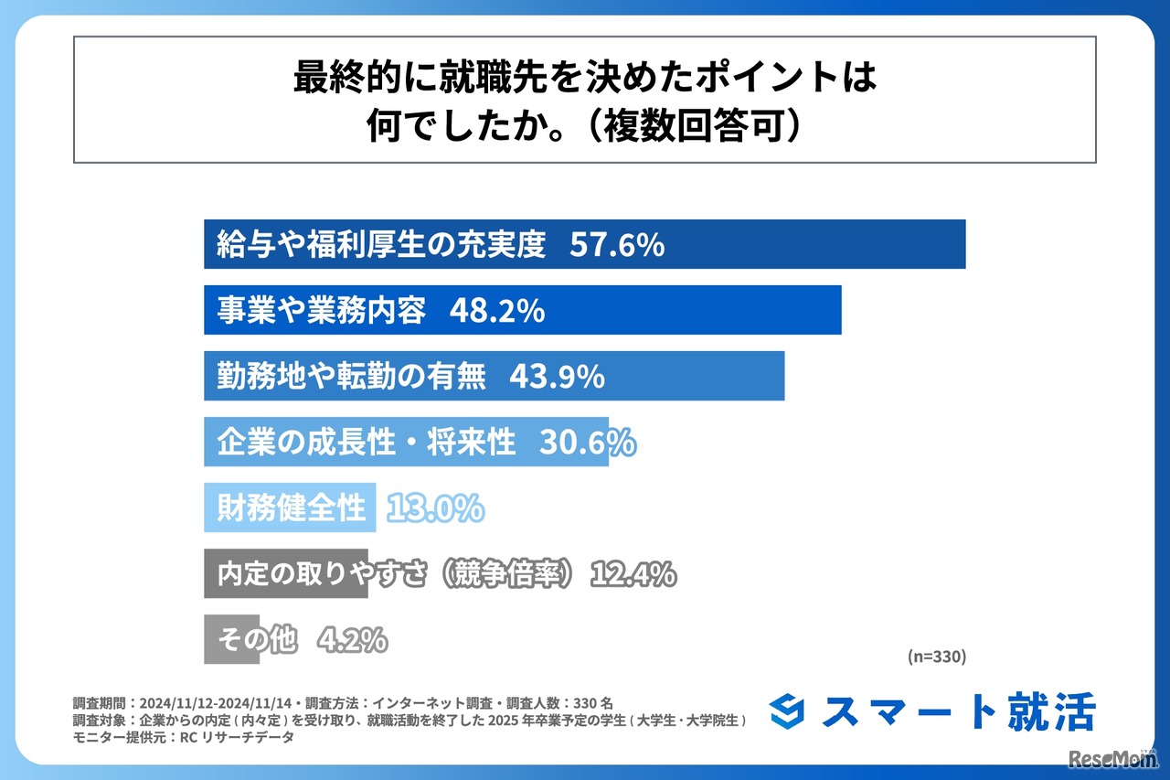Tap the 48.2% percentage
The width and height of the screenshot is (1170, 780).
(497, 311)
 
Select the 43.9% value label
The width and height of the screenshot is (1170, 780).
(558, 377)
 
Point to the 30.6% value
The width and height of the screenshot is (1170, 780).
(587, 443)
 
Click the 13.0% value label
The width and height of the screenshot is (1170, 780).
(435, 508)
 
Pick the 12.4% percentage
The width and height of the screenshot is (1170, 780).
(633, 574)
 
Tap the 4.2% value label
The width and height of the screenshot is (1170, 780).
(352, 640)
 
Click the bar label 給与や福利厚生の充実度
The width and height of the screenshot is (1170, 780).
(381, 245)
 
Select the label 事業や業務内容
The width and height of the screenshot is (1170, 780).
(321, 311)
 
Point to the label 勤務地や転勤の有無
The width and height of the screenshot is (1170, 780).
(351, 377)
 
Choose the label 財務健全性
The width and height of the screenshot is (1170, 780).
(291, 508)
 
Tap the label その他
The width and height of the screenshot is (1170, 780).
(257, 640)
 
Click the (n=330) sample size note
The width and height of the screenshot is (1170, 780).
(936, 656)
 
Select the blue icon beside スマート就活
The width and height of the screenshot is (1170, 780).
(789, 712)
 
